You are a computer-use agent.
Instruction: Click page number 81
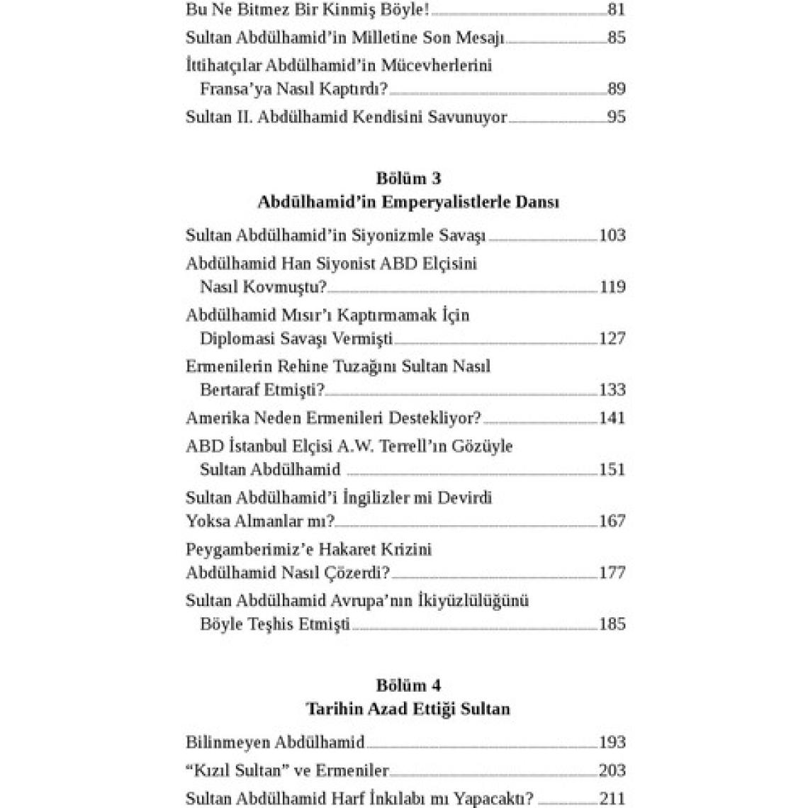coord(616,9)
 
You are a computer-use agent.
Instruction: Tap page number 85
coord(616,38)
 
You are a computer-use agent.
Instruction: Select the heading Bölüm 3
coord(408,179)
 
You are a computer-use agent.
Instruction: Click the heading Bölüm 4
coord(408,685)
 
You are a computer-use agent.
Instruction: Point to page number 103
coord(612,235)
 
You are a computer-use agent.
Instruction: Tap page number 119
coord(612,287)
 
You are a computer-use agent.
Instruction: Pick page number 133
coord(612,390)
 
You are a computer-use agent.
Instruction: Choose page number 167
coord(612,521)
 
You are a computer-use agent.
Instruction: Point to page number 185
coord(612,624)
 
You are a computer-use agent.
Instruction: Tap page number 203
coord(612,771)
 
